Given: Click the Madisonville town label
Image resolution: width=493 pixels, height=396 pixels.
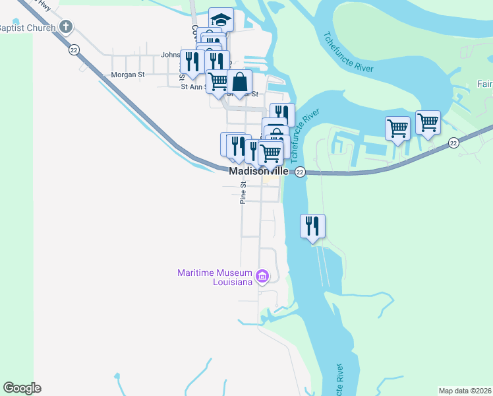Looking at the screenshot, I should tap(258, 171).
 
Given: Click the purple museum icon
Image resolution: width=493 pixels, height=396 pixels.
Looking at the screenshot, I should tap(262, 275).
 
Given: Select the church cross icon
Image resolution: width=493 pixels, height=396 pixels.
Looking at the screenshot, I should tap(65, 27).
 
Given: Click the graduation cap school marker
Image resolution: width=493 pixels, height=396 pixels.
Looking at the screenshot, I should tap(221, 19).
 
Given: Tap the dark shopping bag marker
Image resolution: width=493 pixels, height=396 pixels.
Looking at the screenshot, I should tap(240, 82).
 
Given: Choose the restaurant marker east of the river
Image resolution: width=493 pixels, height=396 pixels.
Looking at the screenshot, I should tap(313, 226).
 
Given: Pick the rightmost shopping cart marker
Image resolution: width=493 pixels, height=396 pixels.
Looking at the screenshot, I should tap(428, 122).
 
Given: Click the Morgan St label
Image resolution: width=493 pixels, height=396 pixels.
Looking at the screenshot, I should tap(128, 75).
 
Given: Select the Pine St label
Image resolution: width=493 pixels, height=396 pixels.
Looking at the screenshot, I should tap(243, 193).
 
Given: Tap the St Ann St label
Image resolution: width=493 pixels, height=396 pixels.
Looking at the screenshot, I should tap(193, 86).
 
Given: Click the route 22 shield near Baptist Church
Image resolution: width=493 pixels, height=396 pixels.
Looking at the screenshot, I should tap(74, 50).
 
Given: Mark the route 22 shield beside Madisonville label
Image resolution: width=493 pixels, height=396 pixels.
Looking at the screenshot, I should tap(300, 172).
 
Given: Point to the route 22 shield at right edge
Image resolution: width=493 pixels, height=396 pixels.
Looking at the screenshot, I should tap(453, 143).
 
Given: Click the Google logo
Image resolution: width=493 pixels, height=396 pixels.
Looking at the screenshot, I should tap(22, 388).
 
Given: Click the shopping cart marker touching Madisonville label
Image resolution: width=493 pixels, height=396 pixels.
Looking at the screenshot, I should tap(270, 153).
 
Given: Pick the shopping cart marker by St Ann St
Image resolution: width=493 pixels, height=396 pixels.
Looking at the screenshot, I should tap(218, 81).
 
